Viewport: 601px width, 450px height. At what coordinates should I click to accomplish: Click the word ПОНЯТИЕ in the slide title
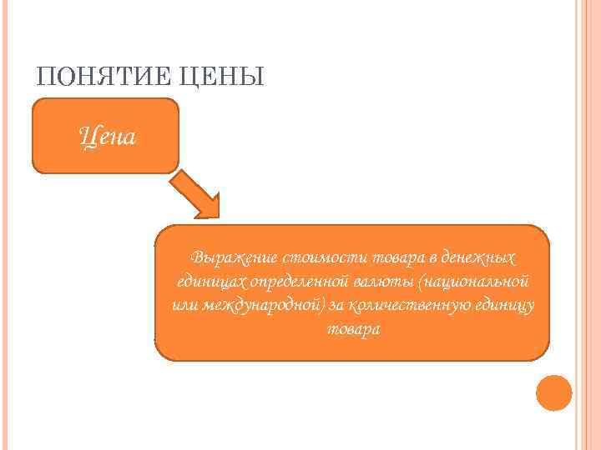point(94,77)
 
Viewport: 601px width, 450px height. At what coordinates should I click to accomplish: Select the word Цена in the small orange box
point(106,134)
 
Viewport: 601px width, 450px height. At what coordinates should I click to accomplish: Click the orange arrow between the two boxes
point(199,197)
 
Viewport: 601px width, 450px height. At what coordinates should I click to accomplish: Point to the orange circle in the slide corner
point(553,392)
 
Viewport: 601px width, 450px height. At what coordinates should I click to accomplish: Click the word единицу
point(503,304)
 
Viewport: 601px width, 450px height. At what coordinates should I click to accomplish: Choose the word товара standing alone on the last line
point(352,328)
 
